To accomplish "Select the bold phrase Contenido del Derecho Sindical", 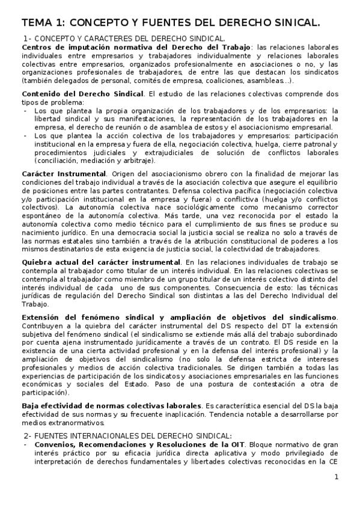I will tap(83, 94).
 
